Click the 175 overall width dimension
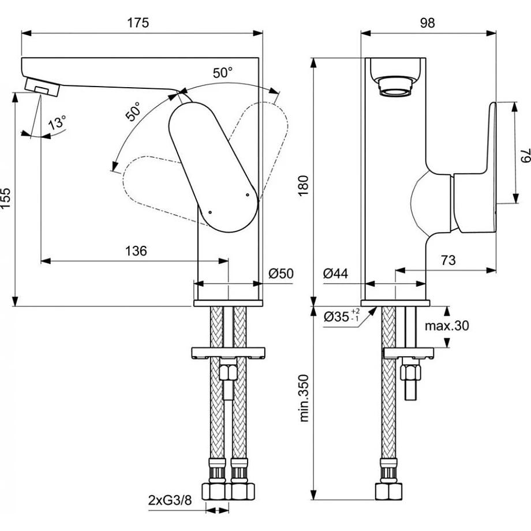point(139,23)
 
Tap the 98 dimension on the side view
point(427,23)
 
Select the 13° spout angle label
point(57,123)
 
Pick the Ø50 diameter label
point(282,273)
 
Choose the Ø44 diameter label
point(335,273)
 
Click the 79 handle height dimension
point(523,154)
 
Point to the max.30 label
point(447,326)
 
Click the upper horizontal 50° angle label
point(223,73)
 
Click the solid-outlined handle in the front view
point(212,164)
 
